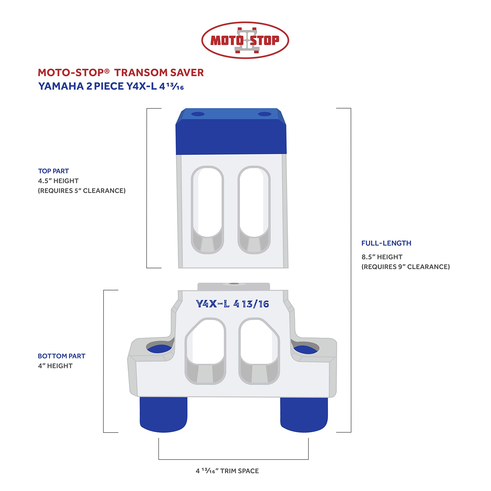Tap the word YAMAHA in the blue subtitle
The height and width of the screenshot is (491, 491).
point(61,86)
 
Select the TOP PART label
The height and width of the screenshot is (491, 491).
point(53,171)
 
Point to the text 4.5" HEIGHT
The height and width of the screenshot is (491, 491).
point(58,181)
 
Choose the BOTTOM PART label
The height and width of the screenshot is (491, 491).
point(62,356)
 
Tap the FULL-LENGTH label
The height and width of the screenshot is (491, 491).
point(386,243)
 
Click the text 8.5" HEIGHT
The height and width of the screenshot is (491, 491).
point(382,257)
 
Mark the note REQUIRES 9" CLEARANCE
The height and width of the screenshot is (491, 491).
point(406,267)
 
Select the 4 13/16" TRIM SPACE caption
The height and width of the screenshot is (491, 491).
point(227,471)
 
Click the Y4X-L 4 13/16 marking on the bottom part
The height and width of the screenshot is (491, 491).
point(232,304)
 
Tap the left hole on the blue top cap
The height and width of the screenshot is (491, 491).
point(198,114)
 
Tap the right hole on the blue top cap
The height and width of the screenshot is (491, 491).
point(264,114)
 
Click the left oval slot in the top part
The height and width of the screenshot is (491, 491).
point(207,210)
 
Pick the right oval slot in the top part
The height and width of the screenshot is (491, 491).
point(254,210)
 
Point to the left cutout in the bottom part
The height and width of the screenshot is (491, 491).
point(205,351)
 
